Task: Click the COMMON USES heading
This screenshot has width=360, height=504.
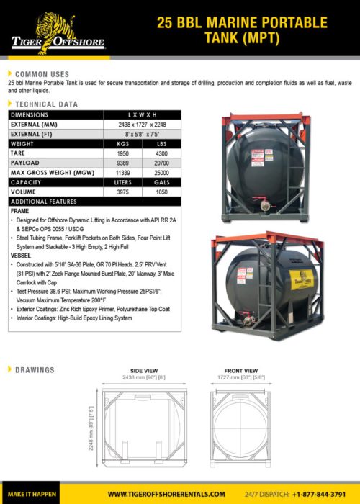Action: pos(42,74)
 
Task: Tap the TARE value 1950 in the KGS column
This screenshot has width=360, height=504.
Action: pos(124,154)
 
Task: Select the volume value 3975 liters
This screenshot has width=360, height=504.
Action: pos(124,192)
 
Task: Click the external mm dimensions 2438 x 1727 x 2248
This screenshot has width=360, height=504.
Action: pos(142,125)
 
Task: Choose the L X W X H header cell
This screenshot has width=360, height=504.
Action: pos(142,114)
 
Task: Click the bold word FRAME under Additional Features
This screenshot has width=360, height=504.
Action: pos(19,211)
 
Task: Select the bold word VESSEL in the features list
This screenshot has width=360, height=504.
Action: pos(21,256)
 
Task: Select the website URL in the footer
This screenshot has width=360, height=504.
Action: pos(166,495)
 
